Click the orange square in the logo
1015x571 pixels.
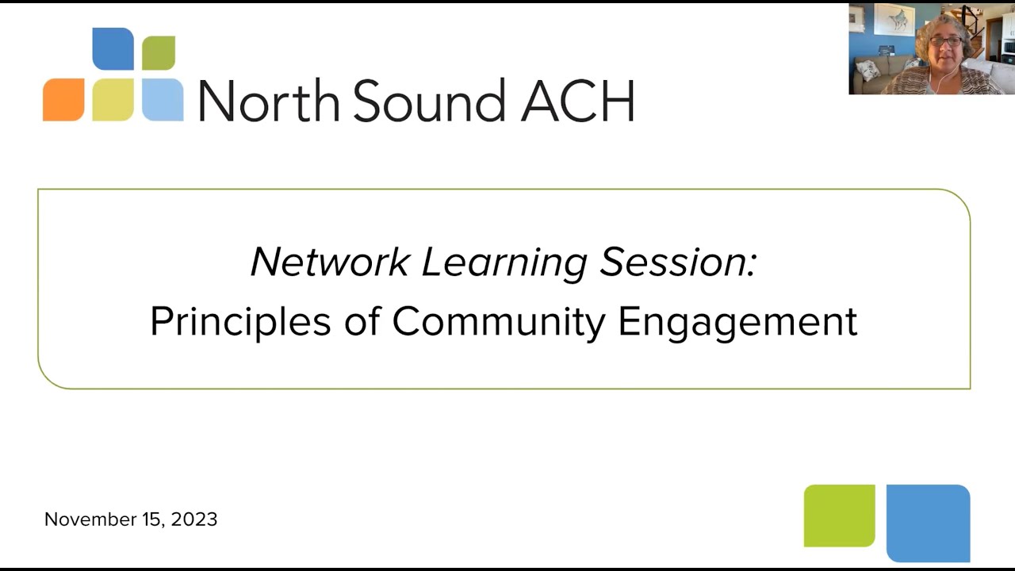click(x=63, y=100)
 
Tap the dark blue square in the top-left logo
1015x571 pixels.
click(x=113, y=49)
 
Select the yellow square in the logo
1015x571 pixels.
click(x=113, y=100)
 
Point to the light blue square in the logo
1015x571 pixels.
click(x=163, y=100)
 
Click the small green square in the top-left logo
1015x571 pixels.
click(x=159, y=53)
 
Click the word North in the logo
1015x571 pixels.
click(x=269, y=101)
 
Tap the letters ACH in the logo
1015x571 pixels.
click(x=577, y=101)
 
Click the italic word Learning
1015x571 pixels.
click(x=504, y=263)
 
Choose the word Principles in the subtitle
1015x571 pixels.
click(x=240, y=322)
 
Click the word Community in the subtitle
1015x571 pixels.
click(x=499, y=322)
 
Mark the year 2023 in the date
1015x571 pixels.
click(x=193, y=519)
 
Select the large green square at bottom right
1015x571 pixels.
click(x=839, y=515)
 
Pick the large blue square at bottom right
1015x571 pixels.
click(x=928, y=523)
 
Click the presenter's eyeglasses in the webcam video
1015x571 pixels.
click(x=945, y=40)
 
